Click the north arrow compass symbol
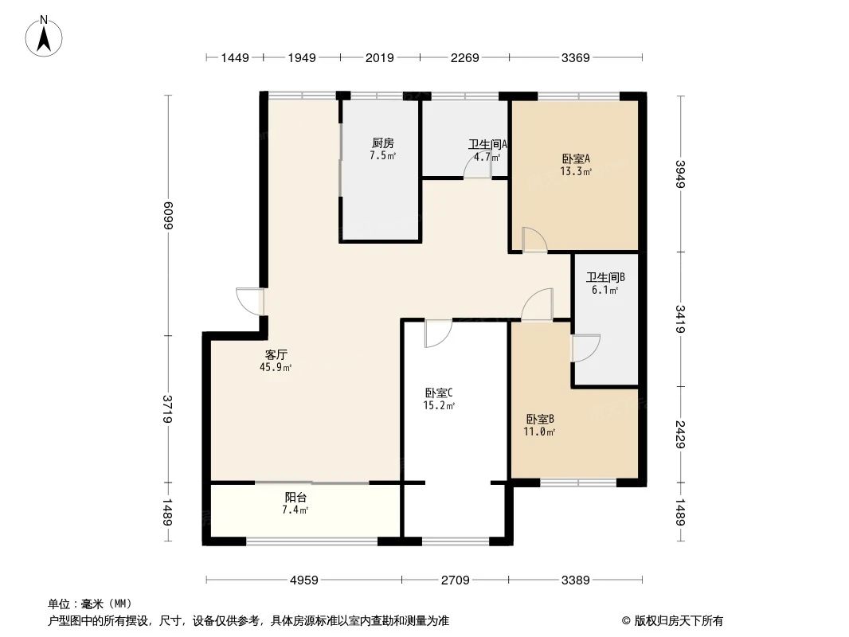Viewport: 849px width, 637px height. pos(45,35)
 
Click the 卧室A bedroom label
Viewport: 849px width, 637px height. pos(576,158)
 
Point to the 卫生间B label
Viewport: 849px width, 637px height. pos(605,278)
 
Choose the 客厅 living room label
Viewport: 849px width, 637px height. pos(276,354)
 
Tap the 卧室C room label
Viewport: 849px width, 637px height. pos(439,393)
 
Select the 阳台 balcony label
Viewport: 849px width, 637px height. pos(296,497)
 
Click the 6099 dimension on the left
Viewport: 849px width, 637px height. pos(168,216)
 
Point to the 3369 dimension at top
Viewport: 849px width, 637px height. pos(575,57)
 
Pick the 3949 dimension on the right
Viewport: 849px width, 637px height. pos(679,174)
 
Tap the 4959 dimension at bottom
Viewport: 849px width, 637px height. pos(303,580)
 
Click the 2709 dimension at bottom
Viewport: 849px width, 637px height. pos(455,580)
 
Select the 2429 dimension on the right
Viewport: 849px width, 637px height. pos(679,434)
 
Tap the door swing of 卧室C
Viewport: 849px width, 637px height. pos(438,333)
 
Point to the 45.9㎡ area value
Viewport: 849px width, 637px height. pos(276,368)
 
